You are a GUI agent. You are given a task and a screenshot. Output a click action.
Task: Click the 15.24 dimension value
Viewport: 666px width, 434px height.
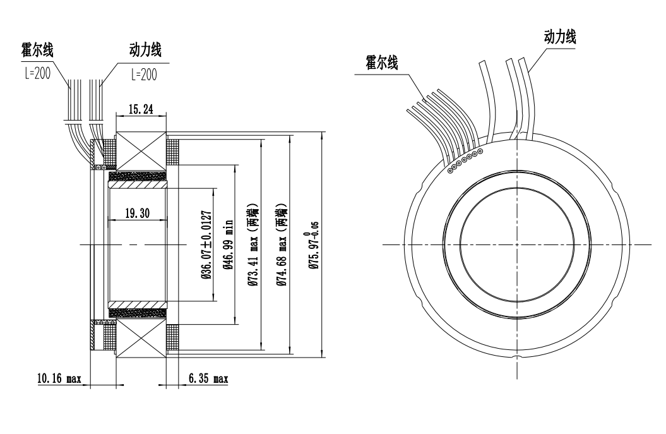[x=141, y=108]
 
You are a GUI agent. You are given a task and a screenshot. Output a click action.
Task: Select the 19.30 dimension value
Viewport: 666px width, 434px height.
[x=137, y=214]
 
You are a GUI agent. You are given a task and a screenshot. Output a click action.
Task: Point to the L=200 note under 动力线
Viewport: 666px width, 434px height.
[x=143, y=73]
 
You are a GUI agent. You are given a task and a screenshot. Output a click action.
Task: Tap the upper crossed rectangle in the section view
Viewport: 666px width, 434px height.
[x=141, y=152]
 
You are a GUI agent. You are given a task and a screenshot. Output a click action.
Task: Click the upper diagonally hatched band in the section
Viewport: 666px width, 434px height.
[x=139, y=187]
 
